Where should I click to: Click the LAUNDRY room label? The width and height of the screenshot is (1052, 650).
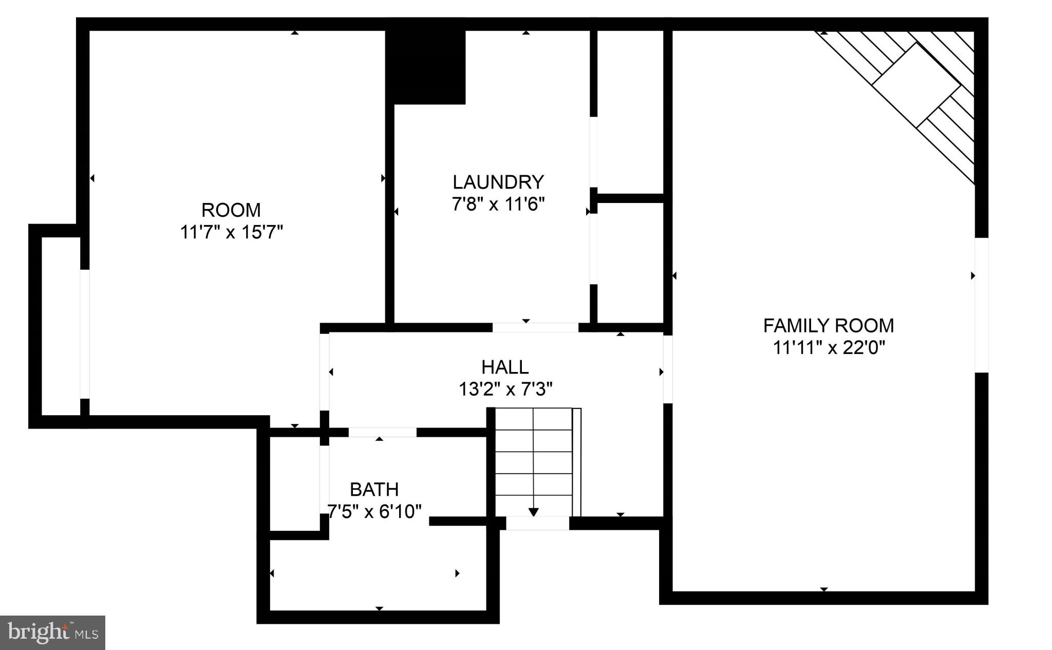pyautogui.click(x=498, y=182)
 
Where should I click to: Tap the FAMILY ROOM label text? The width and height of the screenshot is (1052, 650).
pyautogui.click(x=828, y=326)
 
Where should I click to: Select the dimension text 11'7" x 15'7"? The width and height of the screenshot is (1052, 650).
pyautogui.click(x=231, y=232)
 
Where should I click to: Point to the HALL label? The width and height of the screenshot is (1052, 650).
pyautogui.click(x=505, y=367)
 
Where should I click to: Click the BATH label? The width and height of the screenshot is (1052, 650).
pyautogui.click(x=374, y=489)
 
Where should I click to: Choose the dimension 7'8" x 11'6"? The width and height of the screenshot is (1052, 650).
pyautogui.click(x=498, y=205)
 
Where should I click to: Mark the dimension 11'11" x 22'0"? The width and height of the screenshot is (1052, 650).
pyautogui.click(x=829, y=348)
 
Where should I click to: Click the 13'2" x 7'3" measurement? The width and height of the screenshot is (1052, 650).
pyautogui.click(x=505, y=389)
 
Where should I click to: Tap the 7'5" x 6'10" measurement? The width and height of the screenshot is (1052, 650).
pyautogui.click(x=374, y=512)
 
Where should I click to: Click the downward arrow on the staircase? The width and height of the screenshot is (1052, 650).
pyautogui.click(x=533, y=511)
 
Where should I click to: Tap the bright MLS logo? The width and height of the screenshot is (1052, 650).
pyautogui.click(x=52, y=633)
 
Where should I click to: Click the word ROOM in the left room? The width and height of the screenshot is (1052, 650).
pyautogui.click(x=231, y=210)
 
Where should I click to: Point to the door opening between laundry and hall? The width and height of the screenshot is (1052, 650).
pyautogui.click(x=535, y=327)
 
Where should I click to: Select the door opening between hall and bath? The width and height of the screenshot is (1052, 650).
pyautogui.click(x=382, y=432)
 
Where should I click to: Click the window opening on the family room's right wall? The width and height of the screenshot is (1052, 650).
pyautogui.click(x=981, y=305)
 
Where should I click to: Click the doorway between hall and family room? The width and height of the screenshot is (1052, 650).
pyautogui.click(x=667, y=368)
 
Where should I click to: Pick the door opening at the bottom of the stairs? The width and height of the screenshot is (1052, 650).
pyautogui.click(x=537, y=523)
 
